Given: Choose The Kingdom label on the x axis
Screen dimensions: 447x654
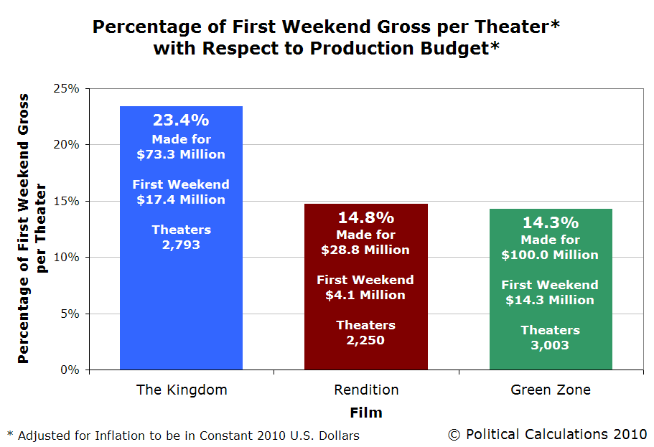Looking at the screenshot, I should click(182, 390).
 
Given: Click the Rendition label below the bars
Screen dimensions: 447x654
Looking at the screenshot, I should click(366, 390).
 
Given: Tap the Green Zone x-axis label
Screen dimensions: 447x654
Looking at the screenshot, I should click(551, 390).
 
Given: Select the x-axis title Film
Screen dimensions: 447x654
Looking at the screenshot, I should click(366, 413).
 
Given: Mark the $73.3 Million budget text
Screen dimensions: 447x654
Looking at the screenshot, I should click(182, 154).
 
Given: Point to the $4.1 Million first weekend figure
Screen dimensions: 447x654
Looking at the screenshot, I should click(365, 295).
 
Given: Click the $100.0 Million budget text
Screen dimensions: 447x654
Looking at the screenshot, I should click(550, 255).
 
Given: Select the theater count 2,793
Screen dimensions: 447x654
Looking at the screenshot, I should click(182, 245).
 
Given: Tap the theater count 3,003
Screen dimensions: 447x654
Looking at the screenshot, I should click(550, 345).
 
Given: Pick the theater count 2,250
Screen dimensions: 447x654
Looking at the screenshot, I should click(365, 340).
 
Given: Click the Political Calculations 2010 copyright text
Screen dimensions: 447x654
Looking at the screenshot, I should click(548, 433).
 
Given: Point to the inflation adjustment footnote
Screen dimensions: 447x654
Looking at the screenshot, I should click(183, 435).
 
